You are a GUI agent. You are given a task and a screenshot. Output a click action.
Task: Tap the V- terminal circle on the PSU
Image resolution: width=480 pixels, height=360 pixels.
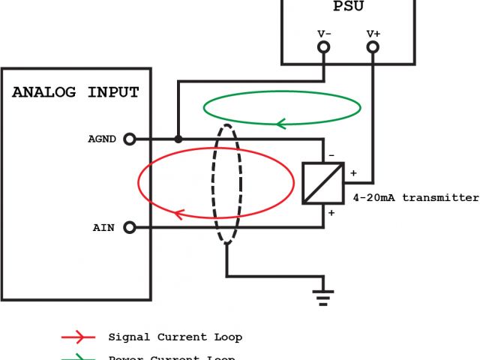point(324,47)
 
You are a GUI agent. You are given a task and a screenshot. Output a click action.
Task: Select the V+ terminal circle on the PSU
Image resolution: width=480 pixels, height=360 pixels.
point(373,47)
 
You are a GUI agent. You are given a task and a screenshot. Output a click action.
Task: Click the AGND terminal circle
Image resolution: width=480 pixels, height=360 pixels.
point(129,139)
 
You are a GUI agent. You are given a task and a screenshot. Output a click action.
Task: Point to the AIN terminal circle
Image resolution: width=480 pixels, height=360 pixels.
point(129,227)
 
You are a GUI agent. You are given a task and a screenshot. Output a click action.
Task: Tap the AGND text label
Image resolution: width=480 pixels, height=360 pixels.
point(102,139)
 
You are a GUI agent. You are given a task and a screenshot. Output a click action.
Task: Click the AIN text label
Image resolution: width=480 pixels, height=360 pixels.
point(104,227)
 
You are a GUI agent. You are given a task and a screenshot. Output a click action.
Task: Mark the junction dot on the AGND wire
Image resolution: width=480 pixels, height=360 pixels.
point(178,139)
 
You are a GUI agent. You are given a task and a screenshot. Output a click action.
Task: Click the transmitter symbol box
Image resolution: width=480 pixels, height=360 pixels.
point(323,183)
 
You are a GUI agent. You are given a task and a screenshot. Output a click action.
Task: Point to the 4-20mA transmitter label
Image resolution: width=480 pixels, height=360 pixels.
point(415,199)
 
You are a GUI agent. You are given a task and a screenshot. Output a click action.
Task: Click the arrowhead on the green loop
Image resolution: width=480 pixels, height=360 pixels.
point(282,122)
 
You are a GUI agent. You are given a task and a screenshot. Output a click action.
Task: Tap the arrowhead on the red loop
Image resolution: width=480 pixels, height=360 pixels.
point(180,215)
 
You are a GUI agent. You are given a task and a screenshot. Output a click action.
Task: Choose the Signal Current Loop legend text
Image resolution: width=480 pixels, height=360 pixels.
point(175,337)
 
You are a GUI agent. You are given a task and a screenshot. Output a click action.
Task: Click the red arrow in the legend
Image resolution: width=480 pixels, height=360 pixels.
point(79,337)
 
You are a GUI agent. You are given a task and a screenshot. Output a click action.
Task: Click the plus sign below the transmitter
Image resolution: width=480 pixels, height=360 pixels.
point(330,213)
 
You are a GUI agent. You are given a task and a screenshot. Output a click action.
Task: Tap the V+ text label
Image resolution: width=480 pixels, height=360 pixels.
point(373,34)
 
